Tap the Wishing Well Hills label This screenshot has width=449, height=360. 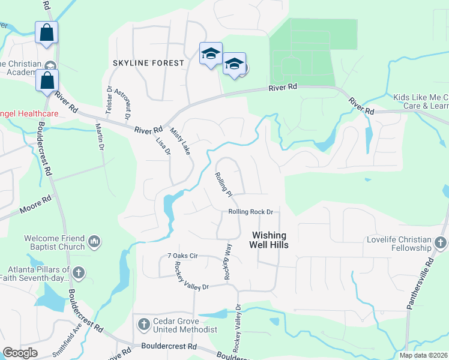270,240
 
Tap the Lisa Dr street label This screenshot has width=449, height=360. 163,147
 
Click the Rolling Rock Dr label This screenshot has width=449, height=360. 250,212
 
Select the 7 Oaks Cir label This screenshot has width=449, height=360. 182,256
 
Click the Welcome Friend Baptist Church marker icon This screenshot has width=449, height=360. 94,242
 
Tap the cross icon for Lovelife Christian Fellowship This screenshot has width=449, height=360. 440,243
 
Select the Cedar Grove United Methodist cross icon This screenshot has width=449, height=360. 143,325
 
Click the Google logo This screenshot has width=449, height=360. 20,353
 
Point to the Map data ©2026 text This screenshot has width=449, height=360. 423,355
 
